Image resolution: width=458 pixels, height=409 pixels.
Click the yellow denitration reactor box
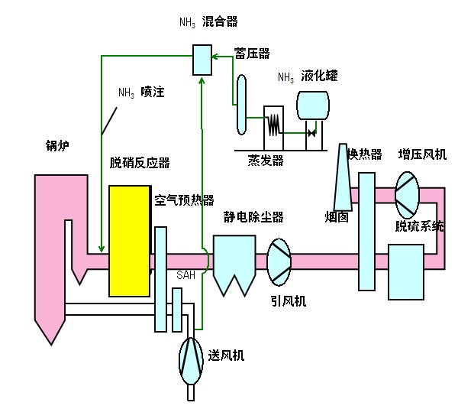coord(129,240)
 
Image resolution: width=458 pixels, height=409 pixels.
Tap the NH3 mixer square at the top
coord(202,58)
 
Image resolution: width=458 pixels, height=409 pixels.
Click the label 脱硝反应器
coord(140,162)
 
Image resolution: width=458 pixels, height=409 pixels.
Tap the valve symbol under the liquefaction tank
coord(311,133)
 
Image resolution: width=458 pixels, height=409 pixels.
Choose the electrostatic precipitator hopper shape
coord(234,263)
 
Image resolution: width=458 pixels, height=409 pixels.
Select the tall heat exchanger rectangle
coord(366,231)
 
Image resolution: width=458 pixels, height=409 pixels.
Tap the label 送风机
coord(227,356)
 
